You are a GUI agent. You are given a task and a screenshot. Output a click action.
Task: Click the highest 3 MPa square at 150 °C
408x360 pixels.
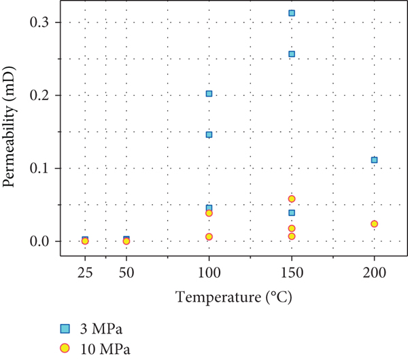(x=292, y=13)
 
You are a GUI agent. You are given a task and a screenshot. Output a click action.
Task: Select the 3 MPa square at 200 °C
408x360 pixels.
(x=374, y=160)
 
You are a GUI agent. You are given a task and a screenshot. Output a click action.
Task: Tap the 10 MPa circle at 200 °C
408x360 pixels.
(x=374, y=224)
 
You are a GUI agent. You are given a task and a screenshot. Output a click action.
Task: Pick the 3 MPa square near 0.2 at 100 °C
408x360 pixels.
(x=209, y=94)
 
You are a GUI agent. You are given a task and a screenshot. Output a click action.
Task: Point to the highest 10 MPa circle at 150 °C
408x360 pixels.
(x=292, y=199)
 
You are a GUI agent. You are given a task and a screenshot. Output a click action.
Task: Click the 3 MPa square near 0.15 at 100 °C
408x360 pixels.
(x=209, y=134)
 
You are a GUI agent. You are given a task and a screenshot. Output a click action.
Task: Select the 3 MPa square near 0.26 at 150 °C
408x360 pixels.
(x=292, y=54)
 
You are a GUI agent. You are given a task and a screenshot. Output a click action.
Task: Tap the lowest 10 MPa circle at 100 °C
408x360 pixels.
(x=209, y=236)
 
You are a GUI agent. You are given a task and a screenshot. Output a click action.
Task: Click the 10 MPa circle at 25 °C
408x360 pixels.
(x=85, y=241)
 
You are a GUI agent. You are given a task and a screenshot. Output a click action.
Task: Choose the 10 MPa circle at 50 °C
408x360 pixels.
(x=126, y=241)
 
